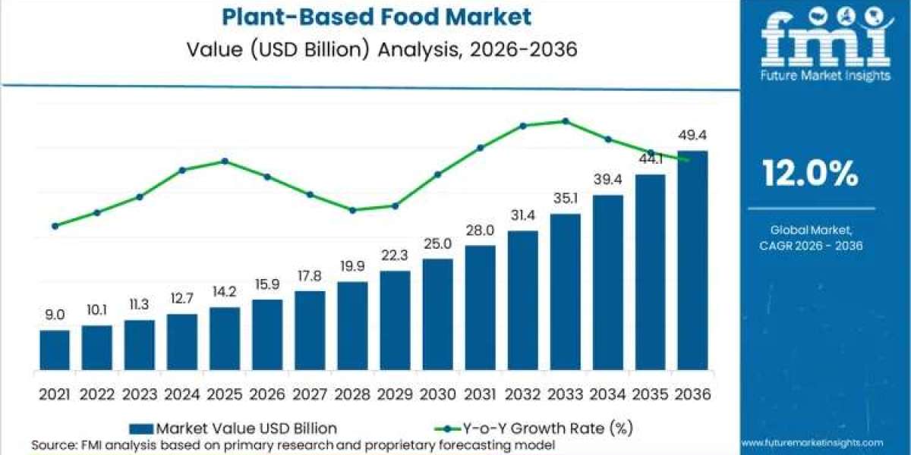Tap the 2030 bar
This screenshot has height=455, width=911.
tap(437, 314)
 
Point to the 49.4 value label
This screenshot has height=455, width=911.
tap(692, 136)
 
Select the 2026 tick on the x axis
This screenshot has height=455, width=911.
tap(267, 394)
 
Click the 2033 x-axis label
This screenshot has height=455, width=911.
tap(565, 394)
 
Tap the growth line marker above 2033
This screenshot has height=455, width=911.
tap(566, 121)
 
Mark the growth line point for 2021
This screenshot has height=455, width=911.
tap(55, 226)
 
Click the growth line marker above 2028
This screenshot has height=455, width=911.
tap(352, 210)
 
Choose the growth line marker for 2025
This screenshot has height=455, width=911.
tap(225, 161)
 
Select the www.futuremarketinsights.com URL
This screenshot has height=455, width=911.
tap(812, 442)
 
